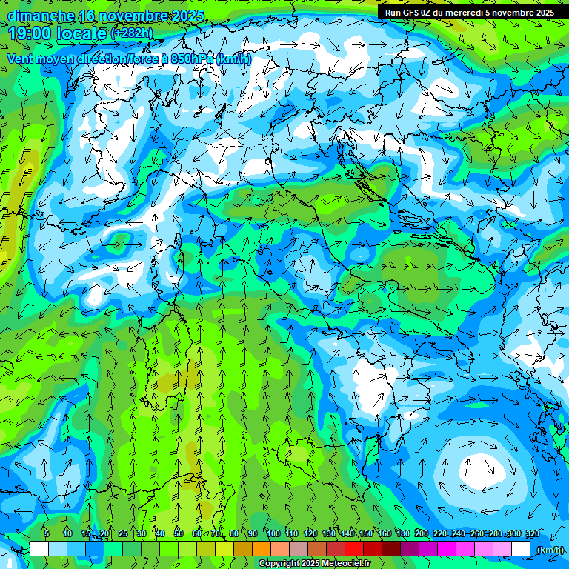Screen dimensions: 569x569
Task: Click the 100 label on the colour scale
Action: (x=273, y=533)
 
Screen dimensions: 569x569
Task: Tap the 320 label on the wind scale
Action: (x=532, y=533)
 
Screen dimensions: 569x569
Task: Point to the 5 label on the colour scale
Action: (x=46, y=533)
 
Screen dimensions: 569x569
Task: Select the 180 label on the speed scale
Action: (x=403, y=533)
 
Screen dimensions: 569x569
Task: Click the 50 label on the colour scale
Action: (x=179, y=533)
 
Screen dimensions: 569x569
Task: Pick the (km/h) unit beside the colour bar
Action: (x=550, y=550)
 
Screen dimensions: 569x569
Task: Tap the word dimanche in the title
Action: (x=41, y=15)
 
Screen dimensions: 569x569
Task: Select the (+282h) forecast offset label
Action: (x=131, y=33)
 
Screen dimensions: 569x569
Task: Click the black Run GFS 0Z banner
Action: (x=468, y=13)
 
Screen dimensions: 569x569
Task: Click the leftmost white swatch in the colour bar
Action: (x=39, y=548)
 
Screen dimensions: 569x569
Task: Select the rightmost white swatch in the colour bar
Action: (x=521, y=548)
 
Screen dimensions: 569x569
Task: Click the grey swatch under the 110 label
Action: (x=299, y=548)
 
